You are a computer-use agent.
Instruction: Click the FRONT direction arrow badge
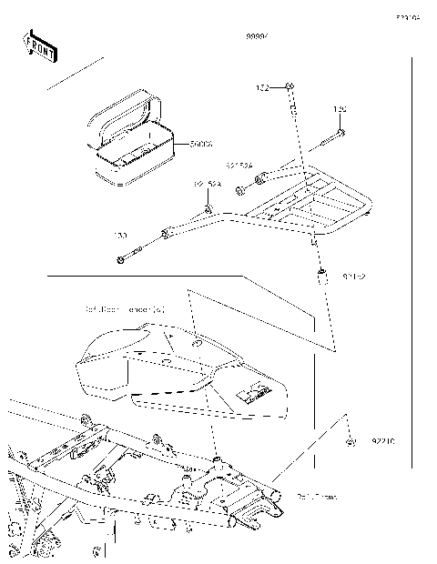[40, 46]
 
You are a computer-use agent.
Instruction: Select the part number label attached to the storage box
[201, 144]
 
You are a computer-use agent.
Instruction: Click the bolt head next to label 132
[290, 86]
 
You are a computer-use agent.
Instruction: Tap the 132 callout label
[261, 88]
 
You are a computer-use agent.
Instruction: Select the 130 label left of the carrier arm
[120, 236]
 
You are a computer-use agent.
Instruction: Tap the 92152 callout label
[355, 274]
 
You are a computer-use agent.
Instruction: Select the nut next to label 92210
[351, 442]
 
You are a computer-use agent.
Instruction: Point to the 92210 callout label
[382, 442]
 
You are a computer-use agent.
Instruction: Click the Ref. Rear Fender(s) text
[124, 309]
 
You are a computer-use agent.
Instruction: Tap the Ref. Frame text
[316, 497]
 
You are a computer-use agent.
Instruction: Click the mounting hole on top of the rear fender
[197, 344]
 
